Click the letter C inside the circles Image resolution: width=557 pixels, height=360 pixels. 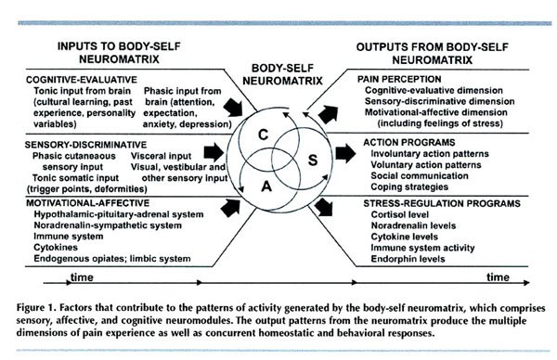click(263, 135)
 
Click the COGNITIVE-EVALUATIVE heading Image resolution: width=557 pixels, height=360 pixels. click(70, 80)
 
